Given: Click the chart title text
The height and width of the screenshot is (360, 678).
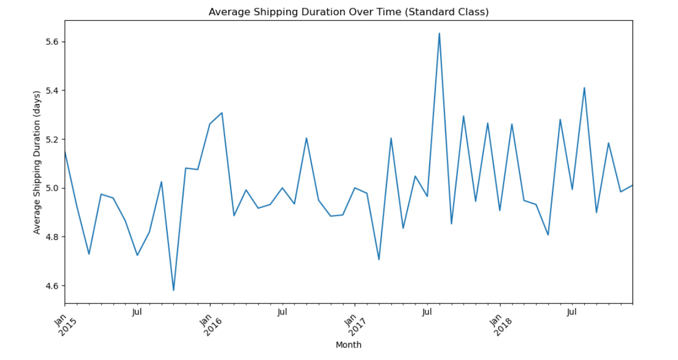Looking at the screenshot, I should (348, 12).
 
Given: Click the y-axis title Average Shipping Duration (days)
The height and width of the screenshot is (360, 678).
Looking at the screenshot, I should (37, 162).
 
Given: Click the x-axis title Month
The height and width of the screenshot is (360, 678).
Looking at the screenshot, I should (348, 345).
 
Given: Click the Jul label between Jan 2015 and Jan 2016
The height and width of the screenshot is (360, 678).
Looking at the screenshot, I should (137, 312).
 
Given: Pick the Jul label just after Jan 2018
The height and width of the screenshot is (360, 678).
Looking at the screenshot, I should (572, 312).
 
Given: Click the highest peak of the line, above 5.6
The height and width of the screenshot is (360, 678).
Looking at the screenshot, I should (439, 33).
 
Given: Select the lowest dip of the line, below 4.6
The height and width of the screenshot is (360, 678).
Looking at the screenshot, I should (173, 290).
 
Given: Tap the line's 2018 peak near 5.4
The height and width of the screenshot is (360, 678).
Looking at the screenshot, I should (584, 88).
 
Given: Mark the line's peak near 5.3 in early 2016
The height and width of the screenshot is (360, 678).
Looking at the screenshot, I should (221, 113).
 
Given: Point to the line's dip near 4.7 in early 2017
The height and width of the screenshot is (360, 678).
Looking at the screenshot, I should (379, 259).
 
